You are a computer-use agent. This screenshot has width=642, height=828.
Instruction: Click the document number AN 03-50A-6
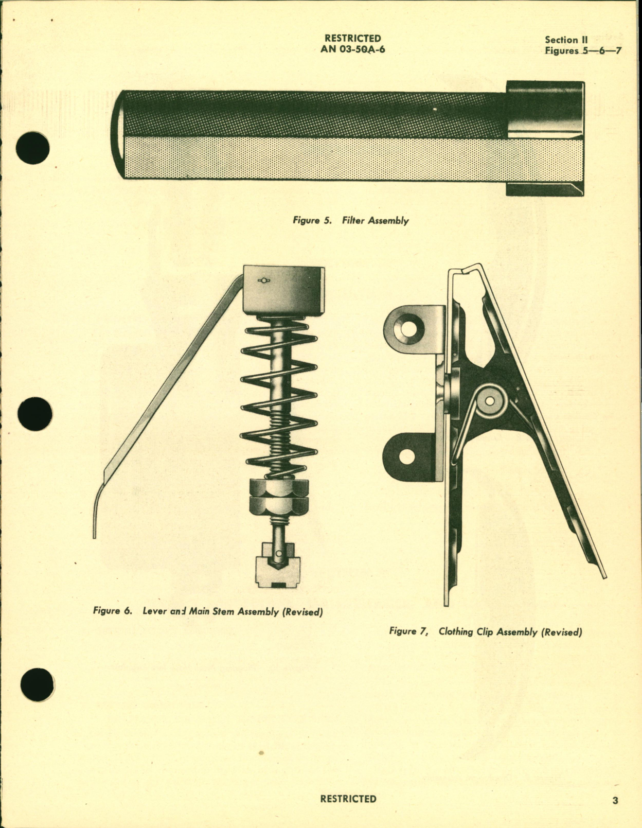point(352,49)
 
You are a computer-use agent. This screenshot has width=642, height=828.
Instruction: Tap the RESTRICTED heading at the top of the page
point(352,38)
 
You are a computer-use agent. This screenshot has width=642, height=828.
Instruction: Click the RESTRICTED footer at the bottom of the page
point(348,799)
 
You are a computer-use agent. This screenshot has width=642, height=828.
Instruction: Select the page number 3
point(615,800)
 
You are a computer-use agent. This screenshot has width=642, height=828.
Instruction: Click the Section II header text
point(566,40)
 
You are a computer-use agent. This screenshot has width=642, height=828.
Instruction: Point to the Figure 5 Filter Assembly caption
point(351,220)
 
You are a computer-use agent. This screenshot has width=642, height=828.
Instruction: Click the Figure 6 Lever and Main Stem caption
point(208,611)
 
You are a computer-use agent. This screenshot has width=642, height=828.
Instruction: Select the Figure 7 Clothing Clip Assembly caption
point(485,631)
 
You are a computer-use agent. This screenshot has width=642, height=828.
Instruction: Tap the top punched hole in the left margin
point(33,148)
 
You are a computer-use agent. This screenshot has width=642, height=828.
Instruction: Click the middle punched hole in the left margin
point(34,414)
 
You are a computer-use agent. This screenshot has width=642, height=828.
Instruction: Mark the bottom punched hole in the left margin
point(37,684)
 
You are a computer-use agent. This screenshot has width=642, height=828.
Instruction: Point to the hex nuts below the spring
point(279,497)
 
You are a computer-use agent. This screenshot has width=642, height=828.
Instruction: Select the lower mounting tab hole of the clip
point(406,456)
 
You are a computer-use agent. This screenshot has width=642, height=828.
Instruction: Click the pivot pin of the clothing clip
point(490,401)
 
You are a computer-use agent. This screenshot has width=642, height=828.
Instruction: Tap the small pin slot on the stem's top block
point(264,280)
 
